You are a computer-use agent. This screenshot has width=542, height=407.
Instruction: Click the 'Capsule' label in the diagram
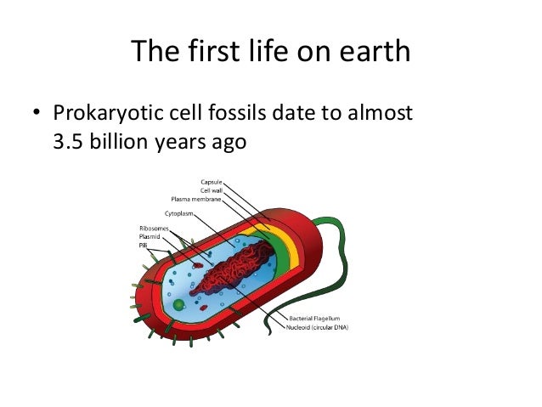pos(212,182)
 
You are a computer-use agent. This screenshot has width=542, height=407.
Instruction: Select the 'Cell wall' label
pos(212,190)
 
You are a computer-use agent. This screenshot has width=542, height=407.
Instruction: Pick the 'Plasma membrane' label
pos(198,199)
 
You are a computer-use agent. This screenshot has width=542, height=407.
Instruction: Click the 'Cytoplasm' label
pos(172,214)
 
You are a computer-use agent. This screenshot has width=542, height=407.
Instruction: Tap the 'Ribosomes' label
pos(153,229)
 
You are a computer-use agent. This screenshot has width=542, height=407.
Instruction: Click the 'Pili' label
pos(143,244)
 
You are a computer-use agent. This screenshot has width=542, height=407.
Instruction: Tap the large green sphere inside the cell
pos(178,303)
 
